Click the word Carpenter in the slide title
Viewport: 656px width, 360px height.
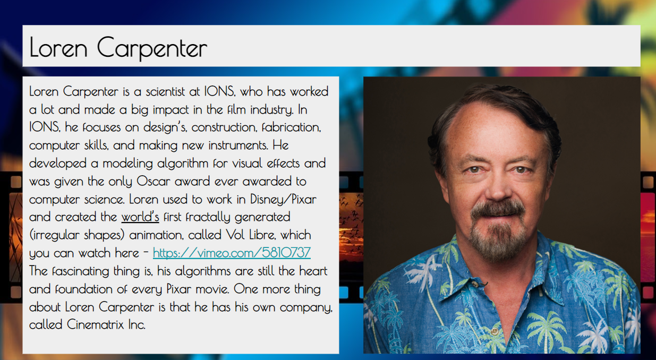click(x=152, y=48)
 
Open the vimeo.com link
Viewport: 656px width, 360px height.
click(x=232, y=253)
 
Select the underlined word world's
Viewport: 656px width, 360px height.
click(x=140, y=217)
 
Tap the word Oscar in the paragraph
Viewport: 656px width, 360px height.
click(x=153, y=181)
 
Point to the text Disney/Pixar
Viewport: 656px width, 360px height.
click(x=283, y=199)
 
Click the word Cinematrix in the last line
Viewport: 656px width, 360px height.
click(x=95, y=324)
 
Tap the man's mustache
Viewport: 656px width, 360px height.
click(x=497, y=210)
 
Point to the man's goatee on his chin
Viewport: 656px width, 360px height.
click(x=497, y=240)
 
